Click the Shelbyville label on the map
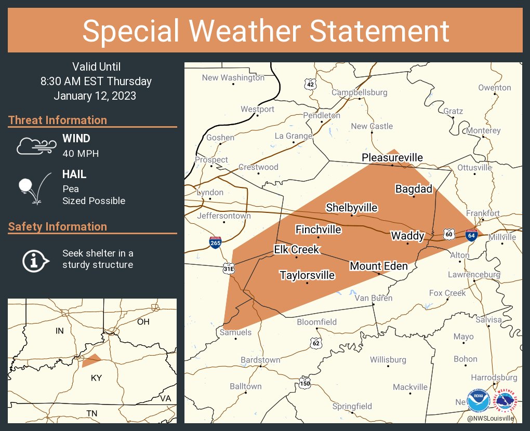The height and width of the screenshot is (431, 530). [351, 208]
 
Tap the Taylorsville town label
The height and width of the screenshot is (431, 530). [307, 275]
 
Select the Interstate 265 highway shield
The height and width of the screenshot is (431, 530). [215, 242]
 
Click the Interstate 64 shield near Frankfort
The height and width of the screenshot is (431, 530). [471, 235]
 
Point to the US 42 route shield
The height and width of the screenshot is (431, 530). [310, 84]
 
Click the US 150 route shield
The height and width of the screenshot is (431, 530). [304, 384]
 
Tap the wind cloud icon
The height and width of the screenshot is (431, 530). [35, 146]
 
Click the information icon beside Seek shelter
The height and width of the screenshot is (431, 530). [35, 260]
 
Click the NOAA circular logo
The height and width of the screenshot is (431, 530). [479, 401]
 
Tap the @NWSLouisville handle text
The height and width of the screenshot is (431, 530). [490, 418]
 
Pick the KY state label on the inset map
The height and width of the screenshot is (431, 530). [96, 378]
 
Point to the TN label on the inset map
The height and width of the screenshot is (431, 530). [91, 413]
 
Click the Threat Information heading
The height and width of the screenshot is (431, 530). [58, 120]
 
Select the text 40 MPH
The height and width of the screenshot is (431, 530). [81, 153]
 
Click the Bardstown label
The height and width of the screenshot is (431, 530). [260, 360]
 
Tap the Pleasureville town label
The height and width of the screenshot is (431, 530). [392, 158]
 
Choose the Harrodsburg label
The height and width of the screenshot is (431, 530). [494, 378]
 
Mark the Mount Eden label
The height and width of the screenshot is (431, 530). [378, 266]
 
